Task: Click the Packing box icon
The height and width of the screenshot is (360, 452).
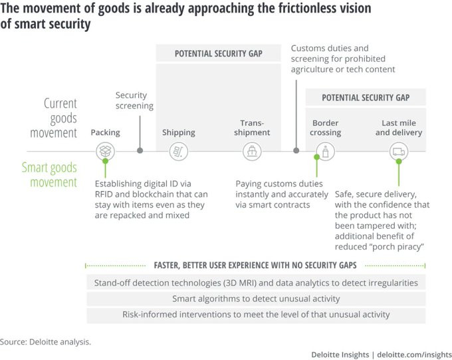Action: click(105, 151)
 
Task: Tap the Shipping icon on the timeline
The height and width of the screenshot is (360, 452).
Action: click(179, 151)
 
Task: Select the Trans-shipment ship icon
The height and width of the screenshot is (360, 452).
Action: click(252, 151)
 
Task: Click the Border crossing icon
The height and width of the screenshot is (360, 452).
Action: click(326, 151)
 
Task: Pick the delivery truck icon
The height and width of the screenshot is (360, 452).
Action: click(399, 151)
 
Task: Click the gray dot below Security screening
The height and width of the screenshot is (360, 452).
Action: click(140, 150)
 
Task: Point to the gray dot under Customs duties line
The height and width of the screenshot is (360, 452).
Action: click(296, 150)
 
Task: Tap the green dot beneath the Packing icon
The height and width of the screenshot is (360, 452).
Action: click(106, 161)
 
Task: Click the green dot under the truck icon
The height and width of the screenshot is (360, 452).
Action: click(399, 162)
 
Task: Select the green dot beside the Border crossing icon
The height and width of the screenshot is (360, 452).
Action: click(317, 157)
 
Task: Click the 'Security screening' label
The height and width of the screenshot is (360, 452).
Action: click(134, 100)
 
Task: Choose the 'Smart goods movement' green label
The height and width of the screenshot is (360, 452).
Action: click(49, 175)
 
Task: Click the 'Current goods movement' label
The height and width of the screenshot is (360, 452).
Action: click(54, 118)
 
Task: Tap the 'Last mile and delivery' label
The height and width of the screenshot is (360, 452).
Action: click(399, 128)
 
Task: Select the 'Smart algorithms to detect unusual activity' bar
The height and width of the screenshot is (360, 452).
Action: click(256, 299)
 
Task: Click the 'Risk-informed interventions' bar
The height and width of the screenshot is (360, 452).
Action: click(256, 315)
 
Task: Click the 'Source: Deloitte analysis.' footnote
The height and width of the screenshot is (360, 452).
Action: click(45, 342)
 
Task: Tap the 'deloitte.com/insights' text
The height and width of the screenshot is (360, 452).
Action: click(414, 355)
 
